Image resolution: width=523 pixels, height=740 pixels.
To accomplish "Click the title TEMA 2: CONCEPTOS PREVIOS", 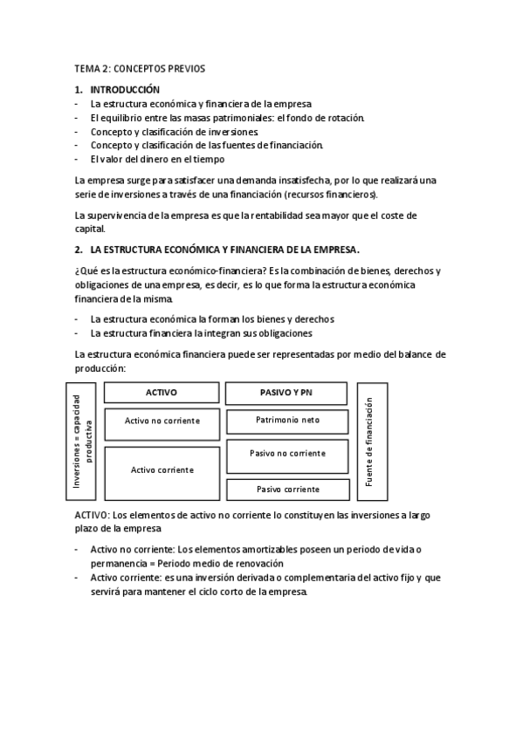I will tap(140, 68).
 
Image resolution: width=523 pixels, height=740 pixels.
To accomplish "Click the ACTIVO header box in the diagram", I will tap(161, 393).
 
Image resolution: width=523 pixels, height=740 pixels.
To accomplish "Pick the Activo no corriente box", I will tap(162, 421).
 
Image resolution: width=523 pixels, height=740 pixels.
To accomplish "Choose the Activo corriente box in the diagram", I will tap(162, 469).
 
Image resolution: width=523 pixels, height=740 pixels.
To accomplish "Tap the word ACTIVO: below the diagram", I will tap(92, 516).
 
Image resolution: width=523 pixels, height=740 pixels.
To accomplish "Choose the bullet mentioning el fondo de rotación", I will tap(227, 118).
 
